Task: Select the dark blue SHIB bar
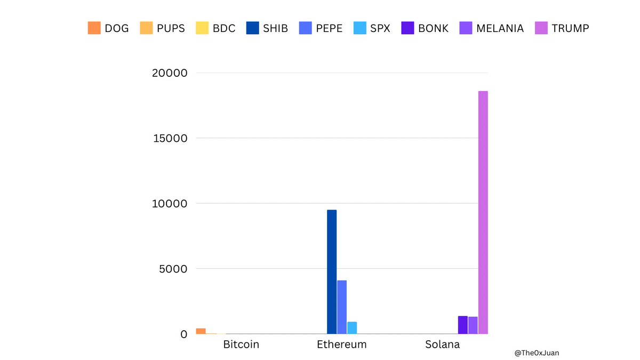332,272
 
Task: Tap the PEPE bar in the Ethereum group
342,307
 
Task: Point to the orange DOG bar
201,331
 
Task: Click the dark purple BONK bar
462,325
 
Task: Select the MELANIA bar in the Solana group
473,325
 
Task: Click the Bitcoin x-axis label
241,345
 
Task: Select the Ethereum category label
342,345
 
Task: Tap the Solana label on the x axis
442,345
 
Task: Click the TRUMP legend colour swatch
541,28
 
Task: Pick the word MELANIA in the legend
501,28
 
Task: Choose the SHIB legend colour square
253,28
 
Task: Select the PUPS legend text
171,28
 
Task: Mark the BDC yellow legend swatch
202,28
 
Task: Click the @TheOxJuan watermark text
537,353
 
